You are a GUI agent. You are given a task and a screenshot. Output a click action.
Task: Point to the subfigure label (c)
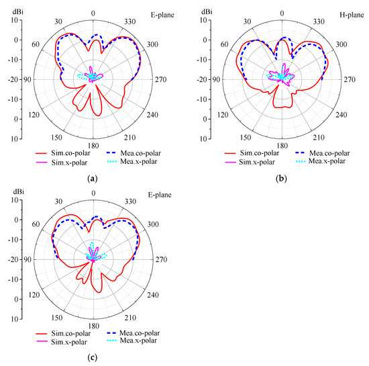point(93,355)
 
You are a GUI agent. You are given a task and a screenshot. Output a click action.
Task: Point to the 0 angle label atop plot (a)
point(93,13)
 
